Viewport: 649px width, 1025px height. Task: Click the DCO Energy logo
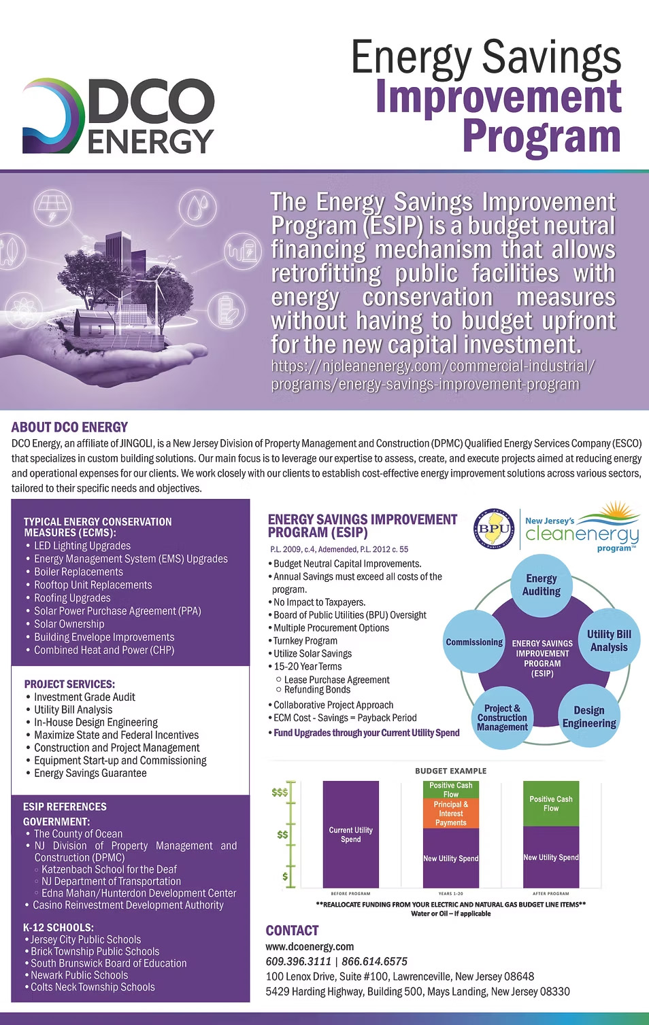118,116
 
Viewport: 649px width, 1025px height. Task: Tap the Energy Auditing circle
542,585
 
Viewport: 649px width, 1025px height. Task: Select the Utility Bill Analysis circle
609,640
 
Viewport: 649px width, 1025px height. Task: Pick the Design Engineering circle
588,717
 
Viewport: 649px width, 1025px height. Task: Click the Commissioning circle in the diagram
474,642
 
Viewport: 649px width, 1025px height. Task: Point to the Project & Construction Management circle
503,718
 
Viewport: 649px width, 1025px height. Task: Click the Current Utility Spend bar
350,835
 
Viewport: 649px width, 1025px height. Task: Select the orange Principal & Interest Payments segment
450,813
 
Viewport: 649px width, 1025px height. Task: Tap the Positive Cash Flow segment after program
550,803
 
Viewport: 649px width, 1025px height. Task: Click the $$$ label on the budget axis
280,792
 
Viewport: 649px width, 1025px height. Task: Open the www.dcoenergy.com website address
310,946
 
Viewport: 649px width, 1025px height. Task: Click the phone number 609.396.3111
298,961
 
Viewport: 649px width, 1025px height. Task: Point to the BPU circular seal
495,529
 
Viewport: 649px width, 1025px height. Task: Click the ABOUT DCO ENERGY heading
69,427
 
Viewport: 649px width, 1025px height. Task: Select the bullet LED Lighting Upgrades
82,546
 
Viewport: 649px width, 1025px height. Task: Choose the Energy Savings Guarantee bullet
90,773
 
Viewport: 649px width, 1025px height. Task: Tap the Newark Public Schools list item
79,975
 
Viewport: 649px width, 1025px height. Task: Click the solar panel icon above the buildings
52,207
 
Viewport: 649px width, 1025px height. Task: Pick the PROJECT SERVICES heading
69,684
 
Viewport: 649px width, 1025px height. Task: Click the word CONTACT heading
292,931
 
